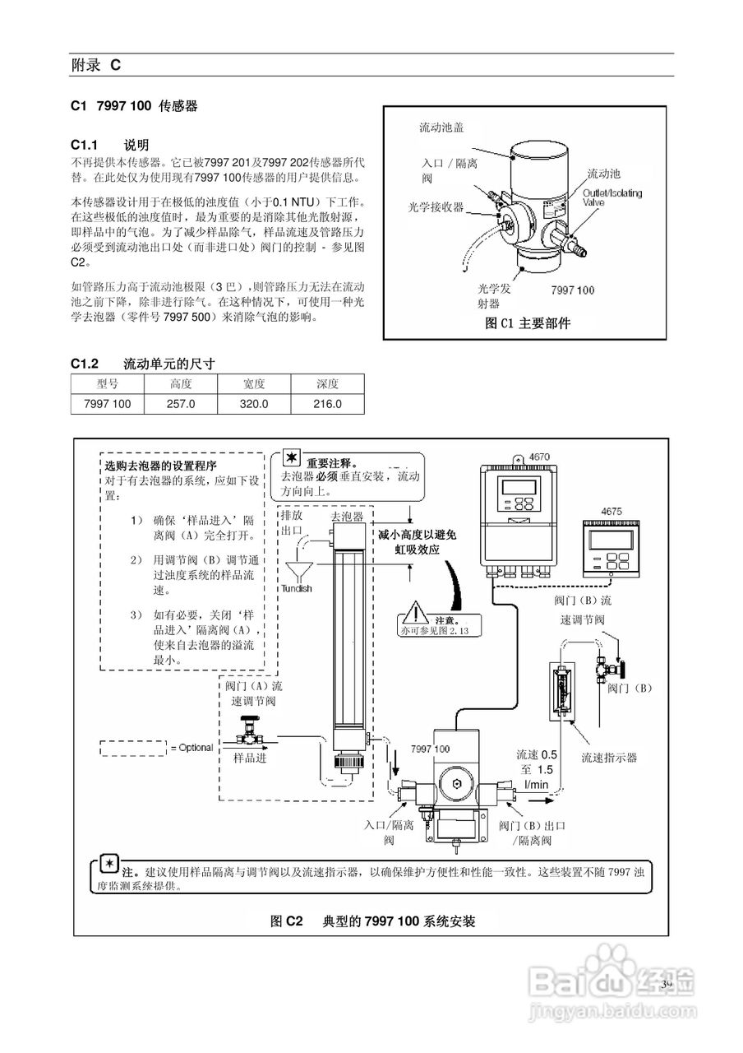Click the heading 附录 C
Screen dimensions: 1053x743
click(x=95, y=65)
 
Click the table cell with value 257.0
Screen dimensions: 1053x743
click(x=180, y=404)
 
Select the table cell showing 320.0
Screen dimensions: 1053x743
click(x=254, y=404)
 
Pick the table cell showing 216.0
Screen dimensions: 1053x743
click(x=327, y=404)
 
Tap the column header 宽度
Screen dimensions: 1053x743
click(x=254, y=384)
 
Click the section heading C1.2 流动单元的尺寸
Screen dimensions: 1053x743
click(x=143, y=363)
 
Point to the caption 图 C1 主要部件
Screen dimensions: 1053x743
click(x=528, y=323)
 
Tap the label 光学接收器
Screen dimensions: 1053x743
click(x=436, y=206)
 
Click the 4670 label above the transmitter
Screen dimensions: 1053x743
click(x=539, y=456)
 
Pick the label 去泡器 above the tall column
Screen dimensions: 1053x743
click(x=345, y=516)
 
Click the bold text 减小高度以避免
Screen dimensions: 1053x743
click(x=417, y=535)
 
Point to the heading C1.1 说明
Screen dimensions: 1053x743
click(x=109, y=145)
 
